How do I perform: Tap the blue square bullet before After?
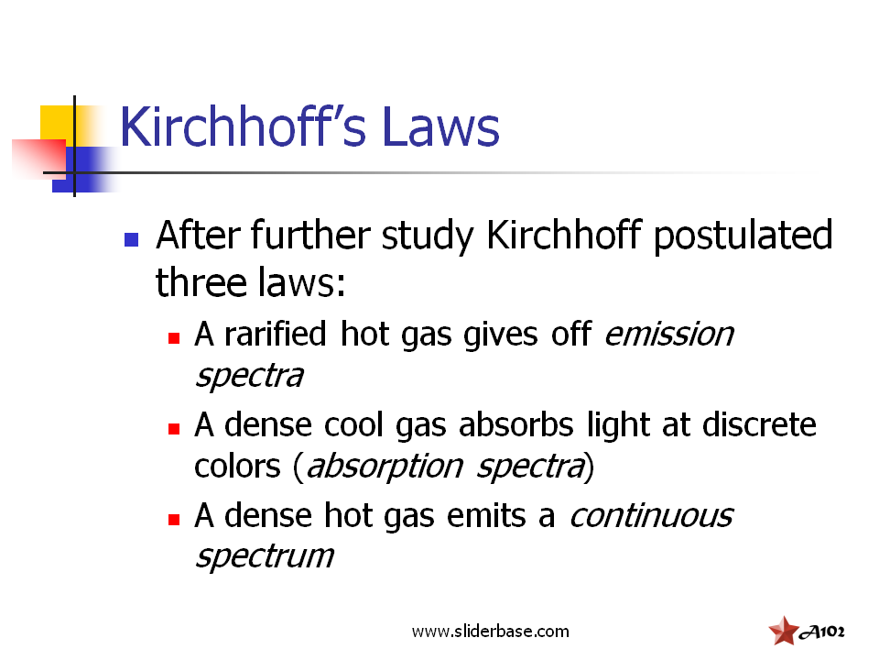tap(131, 239)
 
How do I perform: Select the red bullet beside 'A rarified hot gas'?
tap(174, 338)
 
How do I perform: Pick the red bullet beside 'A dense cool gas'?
tap(174, 429)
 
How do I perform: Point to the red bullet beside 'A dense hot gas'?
tap(174, 520)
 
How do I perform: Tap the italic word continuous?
tap(651, 515)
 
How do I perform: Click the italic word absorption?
tap(385, 467)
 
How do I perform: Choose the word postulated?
tap(743, 236)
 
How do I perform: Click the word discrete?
tap(759, 424)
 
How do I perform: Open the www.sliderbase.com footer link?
tap(491, 632)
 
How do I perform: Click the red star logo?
tap(784, 631)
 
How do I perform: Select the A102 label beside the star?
tap(822, 632)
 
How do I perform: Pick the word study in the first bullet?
tap(428, 236)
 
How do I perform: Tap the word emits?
tap(486, 515)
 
